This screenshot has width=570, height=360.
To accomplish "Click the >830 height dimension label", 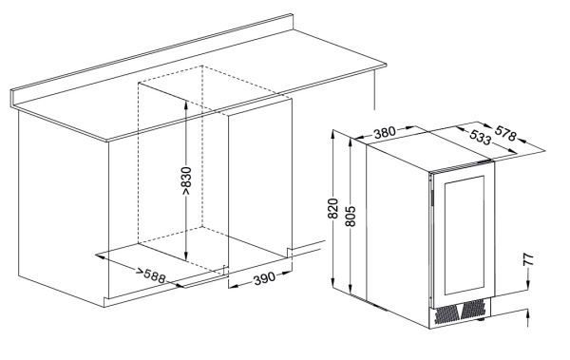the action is pos(186,181).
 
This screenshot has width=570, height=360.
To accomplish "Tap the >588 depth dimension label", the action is pos(151,275).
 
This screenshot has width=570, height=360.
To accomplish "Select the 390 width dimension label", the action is pos(264,279).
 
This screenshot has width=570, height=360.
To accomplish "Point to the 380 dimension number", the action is pos(385,132).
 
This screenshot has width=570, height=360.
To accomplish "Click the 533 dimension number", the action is pos(480,138).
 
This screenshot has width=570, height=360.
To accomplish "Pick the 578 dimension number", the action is pos(505,133).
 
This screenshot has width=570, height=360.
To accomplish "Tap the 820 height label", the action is pos(333,209).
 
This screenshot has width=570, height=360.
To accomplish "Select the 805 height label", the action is pos(351,216).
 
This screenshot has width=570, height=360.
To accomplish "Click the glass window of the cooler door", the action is pos(465,236).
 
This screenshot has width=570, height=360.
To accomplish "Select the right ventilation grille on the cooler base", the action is pos(474,308).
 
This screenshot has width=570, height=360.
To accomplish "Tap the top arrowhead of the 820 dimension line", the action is pos(333,134).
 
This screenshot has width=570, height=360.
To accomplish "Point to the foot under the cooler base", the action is pos(481,320).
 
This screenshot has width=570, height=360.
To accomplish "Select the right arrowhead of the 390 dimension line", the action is pos(288,272).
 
